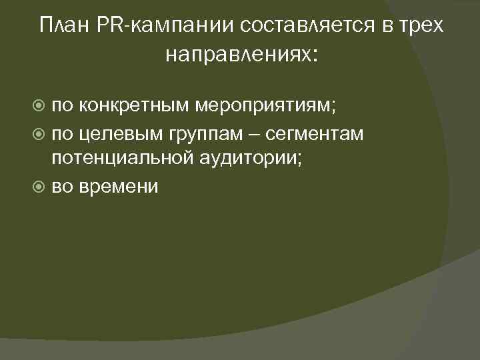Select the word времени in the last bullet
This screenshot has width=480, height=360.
tap(119, 187)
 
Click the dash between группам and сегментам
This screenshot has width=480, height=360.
tap(254, 133)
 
